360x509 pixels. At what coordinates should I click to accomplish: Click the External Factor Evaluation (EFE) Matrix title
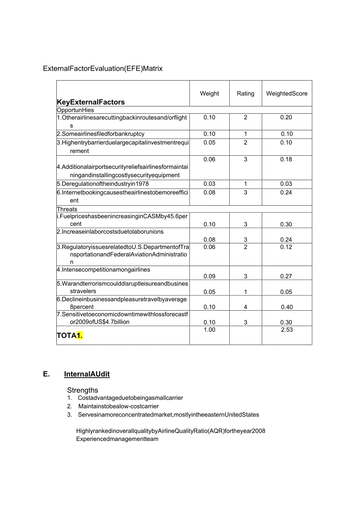point(103,68)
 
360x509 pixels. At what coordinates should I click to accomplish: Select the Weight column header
point(209,94)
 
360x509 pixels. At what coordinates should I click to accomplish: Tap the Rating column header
point(245,94)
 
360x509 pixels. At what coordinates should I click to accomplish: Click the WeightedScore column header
point(287,94)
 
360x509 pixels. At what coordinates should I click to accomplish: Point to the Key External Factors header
point(91,102)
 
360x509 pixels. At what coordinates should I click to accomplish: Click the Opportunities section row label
point(76,110)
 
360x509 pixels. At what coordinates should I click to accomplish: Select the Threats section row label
point(67,209)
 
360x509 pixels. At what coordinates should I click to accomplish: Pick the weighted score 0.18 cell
point(286,159)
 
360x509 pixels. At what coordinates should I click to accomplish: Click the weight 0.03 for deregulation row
point(209,184)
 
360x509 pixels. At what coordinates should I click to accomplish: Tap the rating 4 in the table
point(246,307)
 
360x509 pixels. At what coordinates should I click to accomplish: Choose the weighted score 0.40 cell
point(287,307)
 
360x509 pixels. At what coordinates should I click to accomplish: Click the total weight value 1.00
point(209,330)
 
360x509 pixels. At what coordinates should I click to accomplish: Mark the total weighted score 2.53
point(287,330)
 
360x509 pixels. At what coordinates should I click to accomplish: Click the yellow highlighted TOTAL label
point(70,335)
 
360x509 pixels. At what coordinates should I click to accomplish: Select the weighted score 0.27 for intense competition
point(286,276)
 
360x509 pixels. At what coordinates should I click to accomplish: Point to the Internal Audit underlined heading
point(87,374)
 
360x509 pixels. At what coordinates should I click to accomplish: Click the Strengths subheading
point(83,390)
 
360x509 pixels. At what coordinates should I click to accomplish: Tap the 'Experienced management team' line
point(117,439)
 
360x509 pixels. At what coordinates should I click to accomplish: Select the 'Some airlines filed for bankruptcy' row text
point(101,134)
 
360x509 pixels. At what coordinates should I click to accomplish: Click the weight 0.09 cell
point(209,276)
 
